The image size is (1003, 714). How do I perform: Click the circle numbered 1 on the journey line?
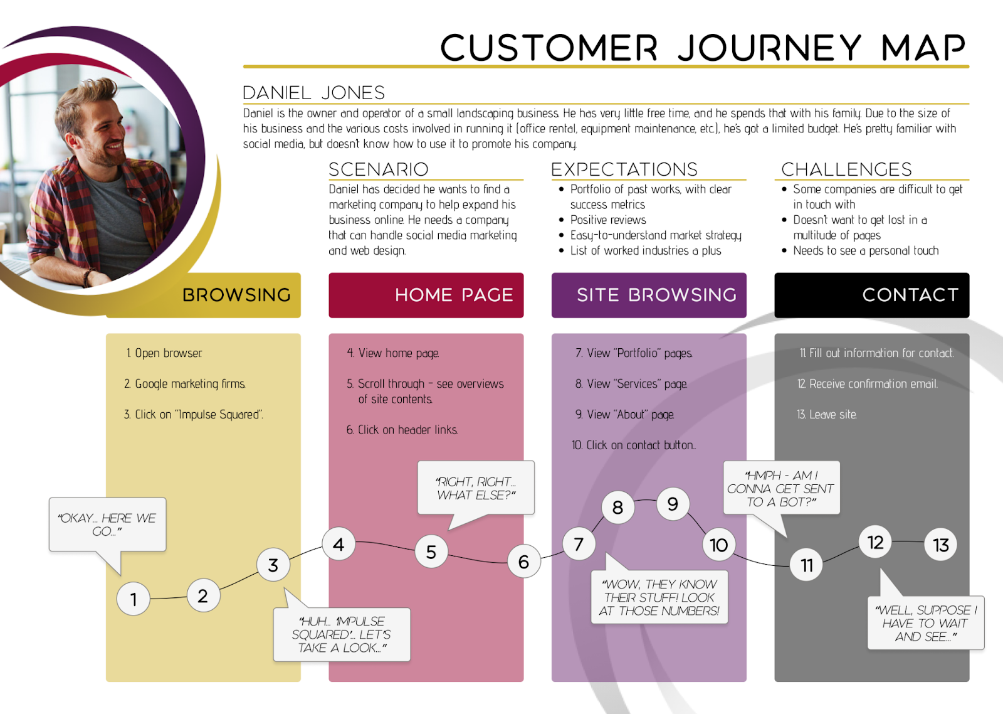(x=133, y=599)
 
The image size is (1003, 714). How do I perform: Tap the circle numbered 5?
(x=431, y=551)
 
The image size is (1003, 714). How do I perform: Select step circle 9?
(x=673, y=503)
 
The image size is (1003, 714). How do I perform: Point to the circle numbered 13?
(x=941, y=545)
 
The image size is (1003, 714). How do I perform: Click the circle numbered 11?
(x=807, y=565)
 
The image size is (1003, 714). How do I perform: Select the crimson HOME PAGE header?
(x=426, y=295)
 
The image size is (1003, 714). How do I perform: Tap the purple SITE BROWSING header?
(x=649, y=295)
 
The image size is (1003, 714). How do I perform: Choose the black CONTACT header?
(x=872, y=295)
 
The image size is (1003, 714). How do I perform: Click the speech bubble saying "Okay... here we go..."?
(x=107, y=525)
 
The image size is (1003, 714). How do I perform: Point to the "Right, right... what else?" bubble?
(x=476, y=488)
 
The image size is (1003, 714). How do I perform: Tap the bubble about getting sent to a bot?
(x=781, y=488)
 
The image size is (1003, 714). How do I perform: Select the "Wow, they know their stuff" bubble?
(x=659, y=597)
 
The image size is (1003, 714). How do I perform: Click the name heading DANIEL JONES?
(x=313, y=93)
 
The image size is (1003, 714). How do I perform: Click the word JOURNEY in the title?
(x=769, y=48)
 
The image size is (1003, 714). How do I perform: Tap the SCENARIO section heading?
(x=379, y=169)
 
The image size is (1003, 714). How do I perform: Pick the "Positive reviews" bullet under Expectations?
(x=607, y=220)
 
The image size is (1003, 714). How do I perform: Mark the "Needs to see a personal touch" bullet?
(x=866, y=250)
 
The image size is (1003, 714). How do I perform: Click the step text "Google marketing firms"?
(x=190, y=383)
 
